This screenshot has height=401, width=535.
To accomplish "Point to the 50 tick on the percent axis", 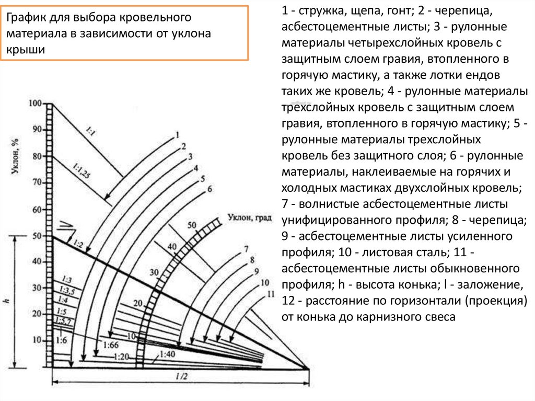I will [x=37, y=236].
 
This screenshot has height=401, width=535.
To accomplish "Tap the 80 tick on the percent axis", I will [x=37, y=156].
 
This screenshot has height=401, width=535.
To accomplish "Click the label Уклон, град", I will [x=250, y=217].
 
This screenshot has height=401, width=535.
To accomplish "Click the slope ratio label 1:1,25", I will [x=82, y=170].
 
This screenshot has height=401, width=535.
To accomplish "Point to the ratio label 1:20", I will [x=121, y=357].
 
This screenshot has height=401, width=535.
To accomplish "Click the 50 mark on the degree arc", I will [x=192, y=225].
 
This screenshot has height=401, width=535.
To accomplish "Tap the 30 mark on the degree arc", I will [x=154, y=272].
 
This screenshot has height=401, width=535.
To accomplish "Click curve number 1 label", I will [x=177, y=133].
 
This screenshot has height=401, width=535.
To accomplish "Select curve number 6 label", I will [x=210, y=189].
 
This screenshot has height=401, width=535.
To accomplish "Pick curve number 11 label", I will [x=270, y=294].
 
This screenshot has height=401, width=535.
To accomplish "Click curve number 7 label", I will [x=246, y=248].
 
